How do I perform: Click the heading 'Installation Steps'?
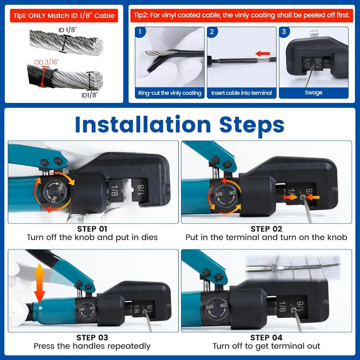pos(180,125)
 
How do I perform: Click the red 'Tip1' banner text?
pos(63,15)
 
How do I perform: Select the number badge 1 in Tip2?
pos(140,32)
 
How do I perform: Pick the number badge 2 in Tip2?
pos(212,32)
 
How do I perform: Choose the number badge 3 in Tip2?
pos(284,32)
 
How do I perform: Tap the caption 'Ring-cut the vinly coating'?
pos(170,93)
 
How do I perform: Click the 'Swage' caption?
pos(314,93)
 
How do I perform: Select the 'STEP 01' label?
pos(92,229)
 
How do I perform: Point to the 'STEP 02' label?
pos(266,229)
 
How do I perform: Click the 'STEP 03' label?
pos(92,338)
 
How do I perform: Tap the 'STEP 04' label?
pos(266,338)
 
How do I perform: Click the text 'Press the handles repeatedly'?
pos(92,346)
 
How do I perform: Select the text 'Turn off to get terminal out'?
pos(266,346)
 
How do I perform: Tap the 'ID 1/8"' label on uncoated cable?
pos(67,31)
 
